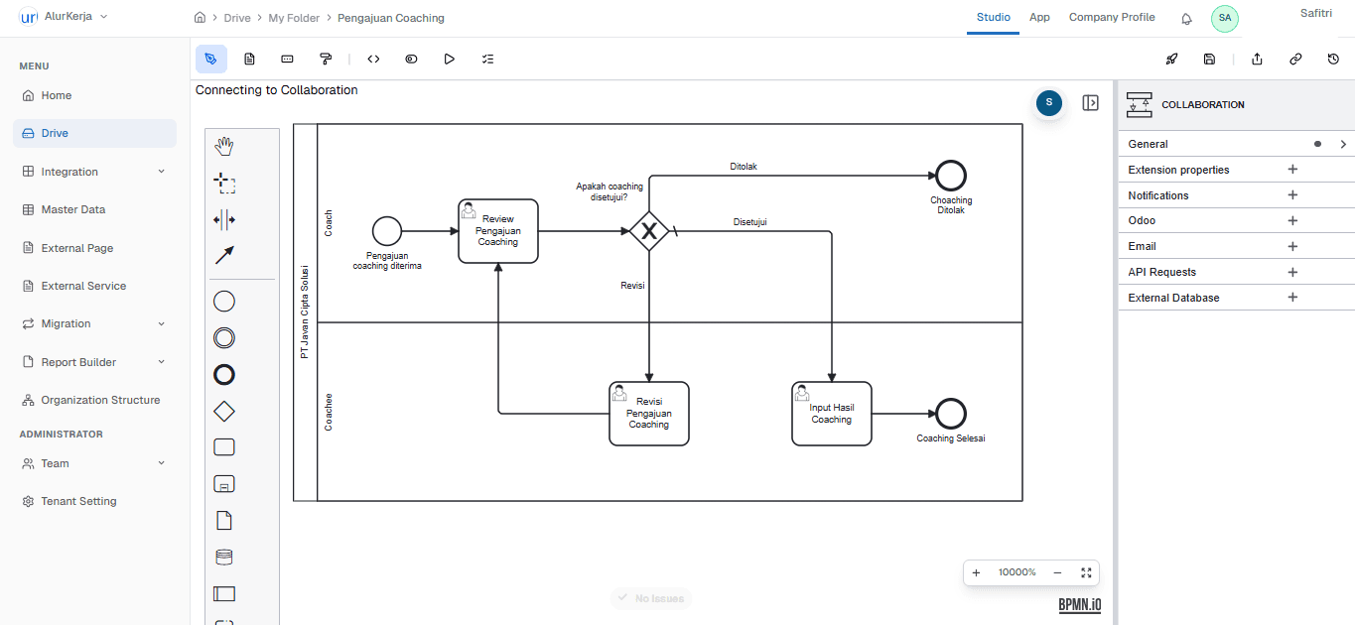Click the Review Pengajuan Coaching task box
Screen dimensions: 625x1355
(x=497, y=231)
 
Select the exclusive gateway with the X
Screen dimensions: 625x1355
(x=648, y=231)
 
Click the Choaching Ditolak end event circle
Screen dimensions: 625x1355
(x=950, y=176)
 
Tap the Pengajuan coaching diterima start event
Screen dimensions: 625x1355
(x=386, y=231)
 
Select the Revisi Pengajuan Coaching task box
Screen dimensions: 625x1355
(x=648, y=414)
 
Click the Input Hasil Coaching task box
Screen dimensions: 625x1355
(x=831, y=414)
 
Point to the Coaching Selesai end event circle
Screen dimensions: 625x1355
(x=950, y=414)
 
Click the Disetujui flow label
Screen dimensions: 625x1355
(x=749, y=222)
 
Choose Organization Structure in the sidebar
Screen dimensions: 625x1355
(x=99, y=400)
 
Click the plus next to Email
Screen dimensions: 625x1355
(x=1292, y=246)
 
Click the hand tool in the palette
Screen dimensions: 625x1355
(x=224, y=147)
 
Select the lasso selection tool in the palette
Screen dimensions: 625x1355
(x=224, y=183)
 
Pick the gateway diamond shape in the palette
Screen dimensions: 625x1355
(x=224, y=411)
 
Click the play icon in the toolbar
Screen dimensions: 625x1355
(x=449, y=60)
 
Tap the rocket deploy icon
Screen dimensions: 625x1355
(x=1171, y=60)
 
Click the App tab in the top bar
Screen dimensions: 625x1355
(x=1039, y=17)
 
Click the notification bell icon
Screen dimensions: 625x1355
(x=1186, y=18)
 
